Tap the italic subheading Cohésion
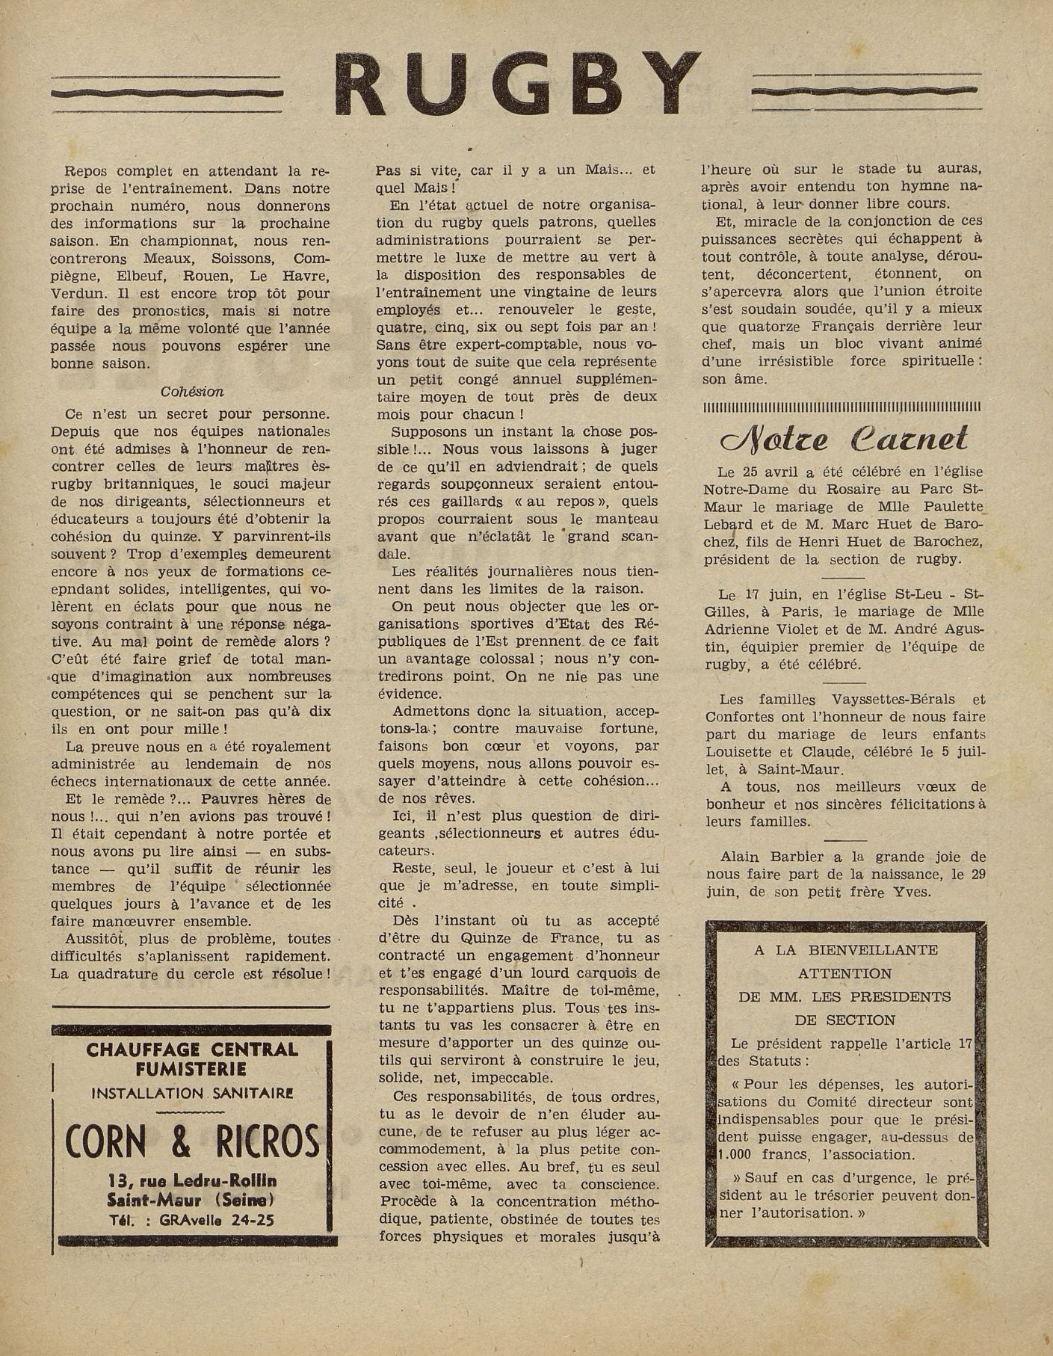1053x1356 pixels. (x=192, y=392)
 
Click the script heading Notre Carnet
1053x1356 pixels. (x=843, y=440)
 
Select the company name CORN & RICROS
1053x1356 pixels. (x=192, y=1141)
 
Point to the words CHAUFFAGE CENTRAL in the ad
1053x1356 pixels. (x=192, y=1050)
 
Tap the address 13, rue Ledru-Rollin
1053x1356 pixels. (x=192, y=1181)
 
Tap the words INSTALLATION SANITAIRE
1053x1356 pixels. (x=192, y=1094)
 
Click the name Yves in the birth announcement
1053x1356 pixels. (x=911, y=893)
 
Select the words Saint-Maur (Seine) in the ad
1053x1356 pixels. (x=192, y=1201)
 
